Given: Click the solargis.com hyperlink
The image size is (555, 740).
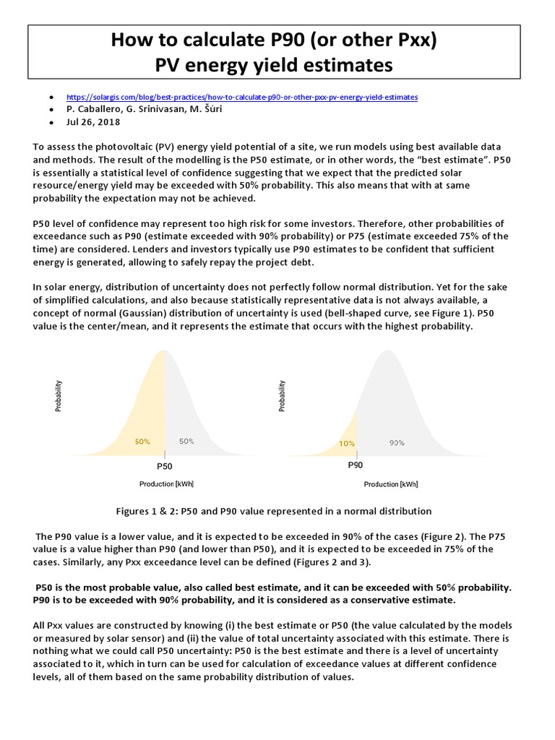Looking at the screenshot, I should pos(242,97).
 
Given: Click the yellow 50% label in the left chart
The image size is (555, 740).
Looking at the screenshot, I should pos(142,441).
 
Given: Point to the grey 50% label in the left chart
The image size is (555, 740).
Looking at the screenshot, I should pos(186,441).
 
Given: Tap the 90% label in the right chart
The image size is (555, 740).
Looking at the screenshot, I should pos(397,443).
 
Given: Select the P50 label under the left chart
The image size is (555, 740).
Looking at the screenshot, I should pos(165,467).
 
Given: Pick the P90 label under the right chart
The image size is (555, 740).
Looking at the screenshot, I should pos(356,465).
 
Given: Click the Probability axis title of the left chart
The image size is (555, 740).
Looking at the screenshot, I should pos(59,396).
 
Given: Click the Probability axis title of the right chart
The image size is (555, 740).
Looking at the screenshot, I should pos(282,396).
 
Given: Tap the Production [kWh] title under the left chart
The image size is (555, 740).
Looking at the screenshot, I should pos(166,483).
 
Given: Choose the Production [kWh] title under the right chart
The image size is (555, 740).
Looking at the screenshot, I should pos(391,484).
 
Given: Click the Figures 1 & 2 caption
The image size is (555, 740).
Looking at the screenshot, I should pos(274,511).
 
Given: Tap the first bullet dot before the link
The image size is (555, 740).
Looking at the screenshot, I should pos(51,97).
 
